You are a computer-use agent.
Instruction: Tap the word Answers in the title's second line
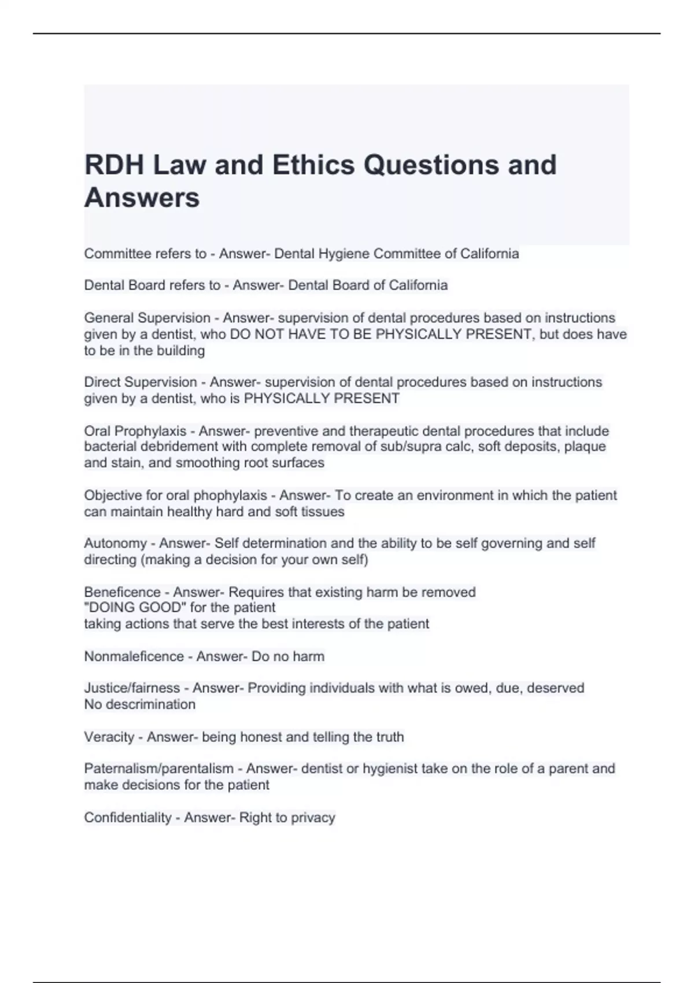coord(142,198)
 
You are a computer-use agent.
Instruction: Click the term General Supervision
coord(147,318)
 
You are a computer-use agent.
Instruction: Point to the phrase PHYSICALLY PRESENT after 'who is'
coord(322,398)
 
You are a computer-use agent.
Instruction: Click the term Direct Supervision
coord(141,382)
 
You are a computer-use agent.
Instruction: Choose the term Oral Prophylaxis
coord(135,431)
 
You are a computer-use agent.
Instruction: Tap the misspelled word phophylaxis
coord(230,496)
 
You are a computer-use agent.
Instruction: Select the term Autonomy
coord(115,544)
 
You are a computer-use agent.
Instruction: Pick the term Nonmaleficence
coord(134,657)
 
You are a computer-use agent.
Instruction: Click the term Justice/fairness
coord(132,688)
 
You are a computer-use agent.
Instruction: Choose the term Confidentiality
coord(127,818)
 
